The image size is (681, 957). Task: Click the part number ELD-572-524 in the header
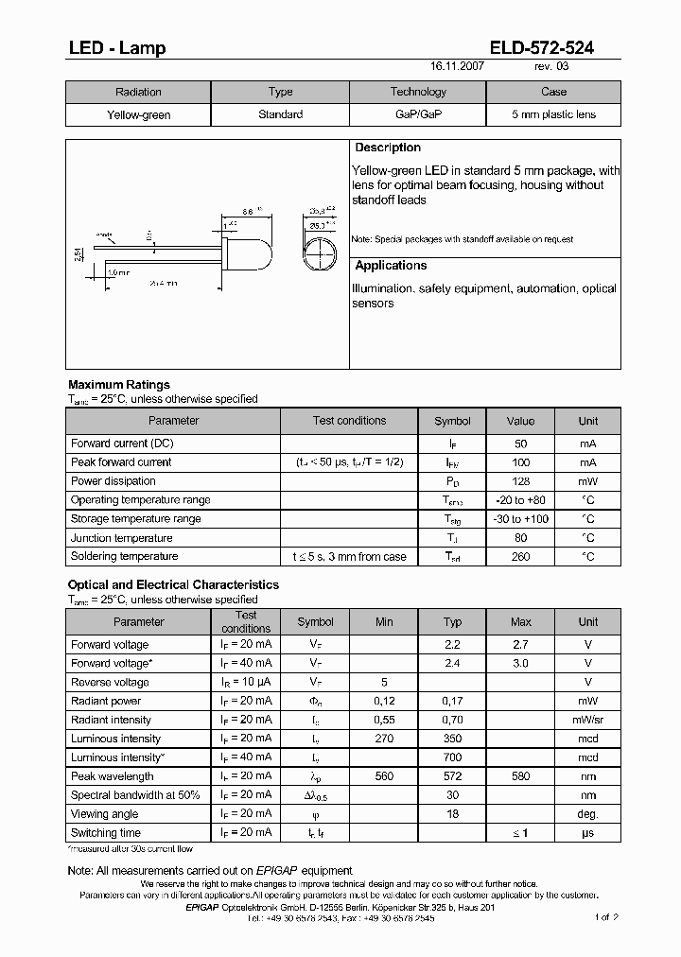pyautogui.click(x=542, y=48)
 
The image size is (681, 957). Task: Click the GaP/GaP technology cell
pyautogui.click(x=418, y=114)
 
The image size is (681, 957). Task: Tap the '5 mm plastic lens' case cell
pyautogui.click(x=553, y=114)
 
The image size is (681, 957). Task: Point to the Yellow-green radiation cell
pyautogui.click(x=138, y=114)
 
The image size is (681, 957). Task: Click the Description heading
pyautogui.click(x=388, y=148)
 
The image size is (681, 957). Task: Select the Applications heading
pyautogui.click(x=391, y=266)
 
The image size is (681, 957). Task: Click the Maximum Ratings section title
pyautogui.click(x=119, y=385)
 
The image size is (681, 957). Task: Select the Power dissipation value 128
pyautogui.click(x=520, y=481)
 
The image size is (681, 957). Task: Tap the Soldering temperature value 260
pyautogui.click(x=520, y=557)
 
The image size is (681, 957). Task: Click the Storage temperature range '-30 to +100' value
pyautogui.click(x=520, y=519)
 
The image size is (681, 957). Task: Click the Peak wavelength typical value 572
pyautogui.click(x=452, y=776)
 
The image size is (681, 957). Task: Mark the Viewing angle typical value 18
pyautogui.click(x=452, y=814)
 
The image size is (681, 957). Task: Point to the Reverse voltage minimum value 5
pyautogui.click(x=384, y=682)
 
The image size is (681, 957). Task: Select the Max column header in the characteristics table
pyautogui.click(x=520, y=622)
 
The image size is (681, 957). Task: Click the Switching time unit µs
pyautogui.click(x=587, y=833)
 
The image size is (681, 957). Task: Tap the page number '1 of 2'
pyautogui.click(x=606, y=917)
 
